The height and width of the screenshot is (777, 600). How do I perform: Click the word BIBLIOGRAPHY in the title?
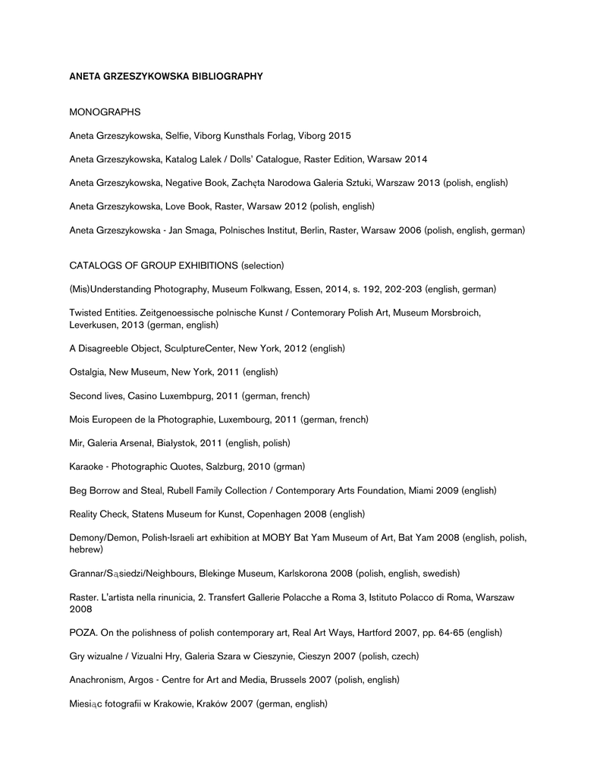[226, 76]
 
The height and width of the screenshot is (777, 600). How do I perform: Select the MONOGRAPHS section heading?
[105, 112]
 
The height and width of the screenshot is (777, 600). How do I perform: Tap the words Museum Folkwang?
[247, 289]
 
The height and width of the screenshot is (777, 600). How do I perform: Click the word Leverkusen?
[95, 325]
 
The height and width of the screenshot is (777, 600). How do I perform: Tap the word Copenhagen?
[274, 514]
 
